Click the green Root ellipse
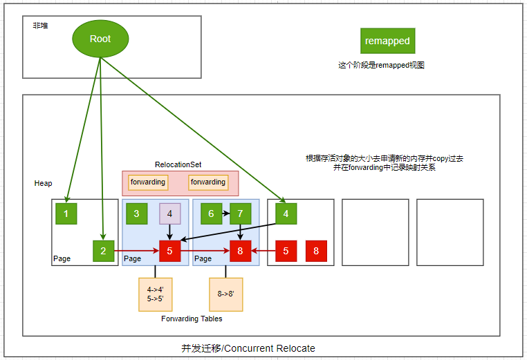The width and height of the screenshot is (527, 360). click(x=100, y=39)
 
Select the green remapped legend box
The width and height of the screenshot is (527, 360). click(x=387, y=41)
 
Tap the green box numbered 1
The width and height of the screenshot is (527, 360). click(x=66, y=214)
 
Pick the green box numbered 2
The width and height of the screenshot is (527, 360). click(x=104, y=251)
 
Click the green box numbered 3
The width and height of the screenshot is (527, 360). click(x=136, y=214)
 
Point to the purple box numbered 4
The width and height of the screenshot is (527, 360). click(x=169, y=214)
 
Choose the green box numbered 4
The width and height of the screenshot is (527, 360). click(x=286, y=214)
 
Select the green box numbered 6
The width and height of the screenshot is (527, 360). click(x=211, y=214)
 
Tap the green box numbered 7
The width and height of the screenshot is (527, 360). click(x=240, y=214)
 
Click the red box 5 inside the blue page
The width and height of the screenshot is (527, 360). click(x=169, y=251)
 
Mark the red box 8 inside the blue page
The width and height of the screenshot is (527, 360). click(x=240, y=251)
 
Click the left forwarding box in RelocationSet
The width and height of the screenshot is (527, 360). click(x=148, y=182)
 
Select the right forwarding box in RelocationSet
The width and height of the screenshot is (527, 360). click(x=208, y=182)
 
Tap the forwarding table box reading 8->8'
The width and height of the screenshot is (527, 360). click(x=226, y=293)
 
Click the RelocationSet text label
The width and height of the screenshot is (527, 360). click(x=178, y=165)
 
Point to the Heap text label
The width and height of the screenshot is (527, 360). click(x=43, y=183)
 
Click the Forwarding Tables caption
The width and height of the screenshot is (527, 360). click(x=192, y=319)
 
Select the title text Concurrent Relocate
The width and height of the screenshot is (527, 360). click(x=248, y=348)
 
